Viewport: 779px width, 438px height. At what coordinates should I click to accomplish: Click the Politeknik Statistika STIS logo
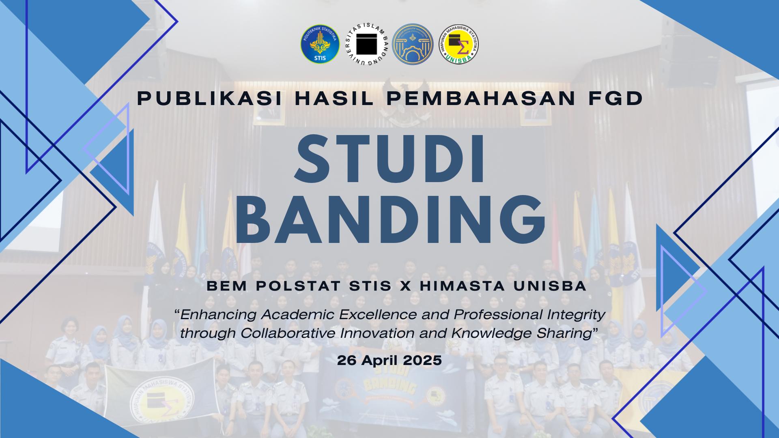click(x=320, y=44)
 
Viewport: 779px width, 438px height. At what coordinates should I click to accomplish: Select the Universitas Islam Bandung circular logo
click(x=367, y=44)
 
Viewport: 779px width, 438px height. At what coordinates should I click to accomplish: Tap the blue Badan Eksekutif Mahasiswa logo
click(x=413, y=44)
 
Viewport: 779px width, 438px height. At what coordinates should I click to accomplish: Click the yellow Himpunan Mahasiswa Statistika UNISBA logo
click(x=460, y=44)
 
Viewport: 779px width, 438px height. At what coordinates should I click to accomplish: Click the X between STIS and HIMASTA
click(x=405, y=286)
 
